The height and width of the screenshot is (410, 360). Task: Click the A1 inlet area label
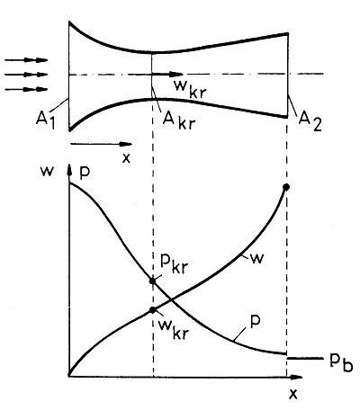click(46, 120)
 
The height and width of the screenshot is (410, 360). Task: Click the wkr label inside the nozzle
click(190, 89)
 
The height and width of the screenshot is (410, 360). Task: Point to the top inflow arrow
click(26, 60)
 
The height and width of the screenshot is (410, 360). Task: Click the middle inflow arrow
click(26, 75)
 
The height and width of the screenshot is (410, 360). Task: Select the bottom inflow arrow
click(26, 89)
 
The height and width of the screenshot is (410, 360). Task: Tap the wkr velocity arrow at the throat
click(167, 74)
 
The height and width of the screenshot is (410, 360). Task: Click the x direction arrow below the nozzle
click(101, 144)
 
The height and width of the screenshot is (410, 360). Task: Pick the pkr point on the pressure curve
click(153, 281)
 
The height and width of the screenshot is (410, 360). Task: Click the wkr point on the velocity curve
click(153, 310)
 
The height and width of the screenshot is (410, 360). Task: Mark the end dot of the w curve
click(286, 187)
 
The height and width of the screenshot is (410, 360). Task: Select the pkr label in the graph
click(174, 264)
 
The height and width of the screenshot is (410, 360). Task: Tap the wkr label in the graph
click(174, 330)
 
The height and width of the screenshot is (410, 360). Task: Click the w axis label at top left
click(48, 173)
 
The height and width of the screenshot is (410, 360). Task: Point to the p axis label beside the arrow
click(85, 174)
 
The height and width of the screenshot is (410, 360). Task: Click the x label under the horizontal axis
click(292, 394)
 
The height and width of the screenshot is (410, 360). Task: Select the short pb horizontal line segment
click(305, 358)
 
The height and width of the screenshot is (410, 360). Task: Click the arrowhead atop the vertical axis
click(70, 170)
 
